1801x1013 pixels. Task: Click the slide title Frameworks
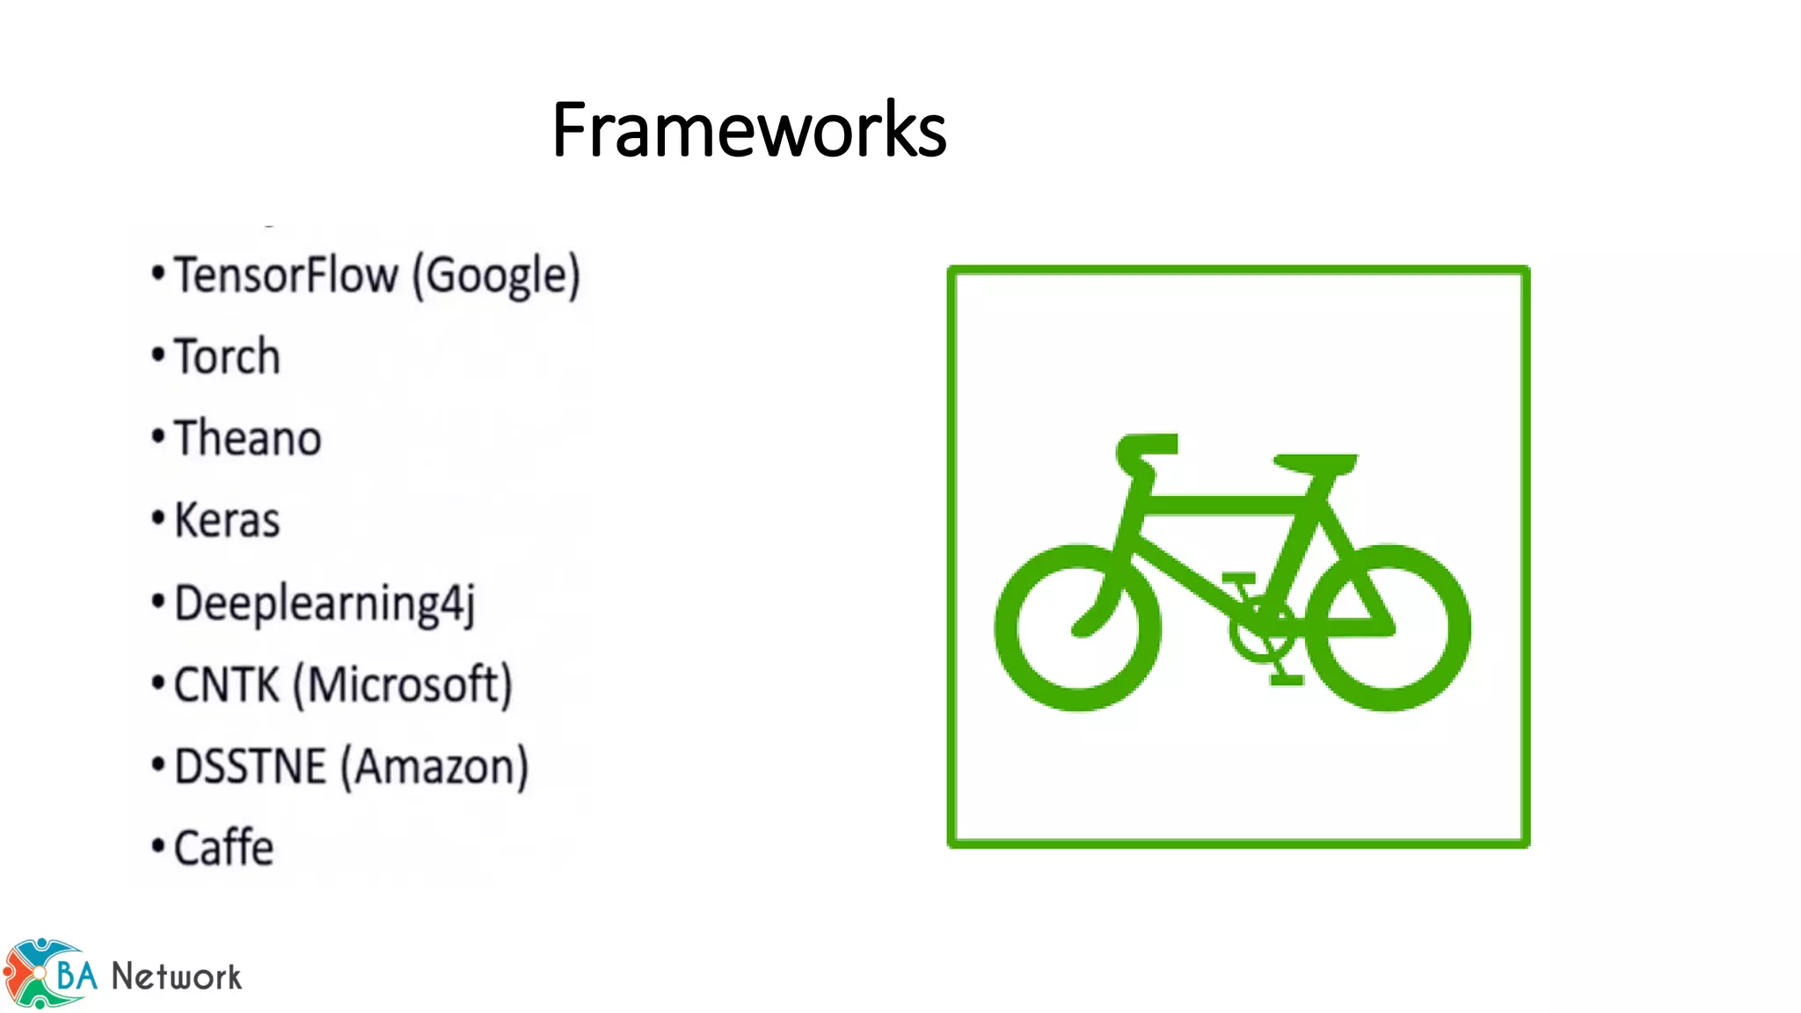(748, 130)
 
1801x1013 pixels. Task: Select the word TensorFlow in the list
(286, 275)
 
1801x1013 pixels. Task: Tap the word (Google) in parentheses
(497, 276)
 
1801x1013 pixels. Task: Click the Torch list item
(227, 357)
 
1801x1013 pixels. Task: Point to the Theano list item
(248, 439)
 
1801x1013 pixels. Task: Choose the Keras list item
(227, 521)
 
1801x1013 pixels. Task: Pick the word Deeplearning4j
(324, 604)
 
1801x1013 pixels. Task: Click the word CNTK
(226, 685)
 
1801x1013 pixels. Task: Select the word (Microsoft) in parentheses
(402, 685)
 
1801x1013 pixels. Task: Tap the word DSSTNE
(251, 767)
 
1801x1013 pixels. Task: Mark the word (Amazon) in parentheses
(434, 767)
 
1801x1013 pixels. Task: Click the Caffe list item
(223, 849)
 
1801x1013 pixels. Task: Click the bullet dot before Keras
(158, 519)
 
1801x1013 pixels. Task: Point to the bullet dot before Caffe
(158, 847)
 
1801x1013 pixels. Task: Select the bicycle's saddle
(1315, 463)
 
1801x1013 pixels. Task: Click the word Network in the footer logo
(176, 977)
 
